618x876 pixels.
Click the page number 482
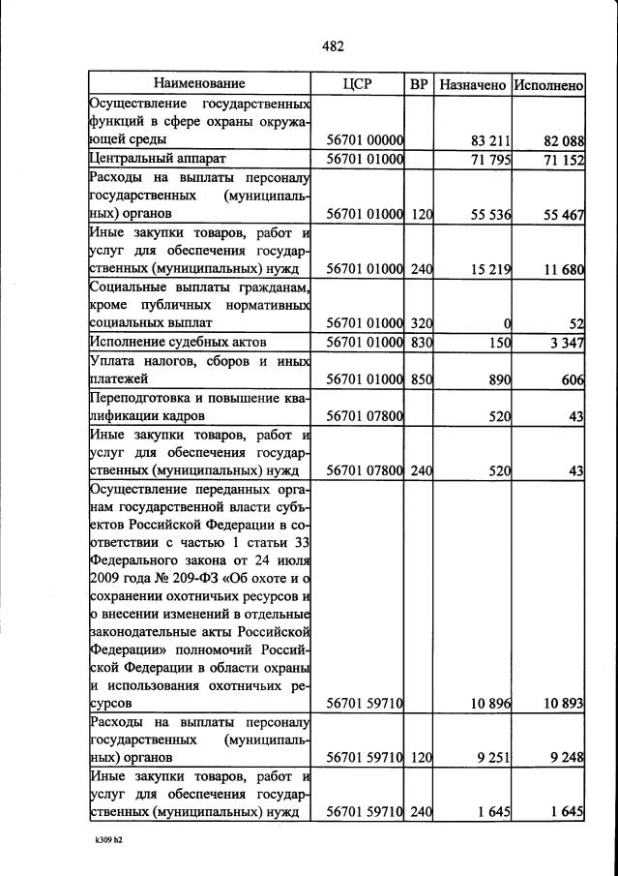tap(333, 45)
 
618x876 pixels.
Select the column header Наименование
tap(199, 84)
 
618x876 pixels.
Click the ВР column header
tap(419, 84)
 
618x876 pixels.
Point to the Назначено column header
tap(472, 85)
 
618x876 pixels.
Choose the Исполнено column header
tap(548, 85)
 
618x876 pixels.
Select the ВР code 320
tap(420, 324)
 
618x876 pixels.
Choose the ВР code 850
tap(420, 380)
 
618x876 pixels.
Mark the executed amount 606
tap(573, 380)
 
